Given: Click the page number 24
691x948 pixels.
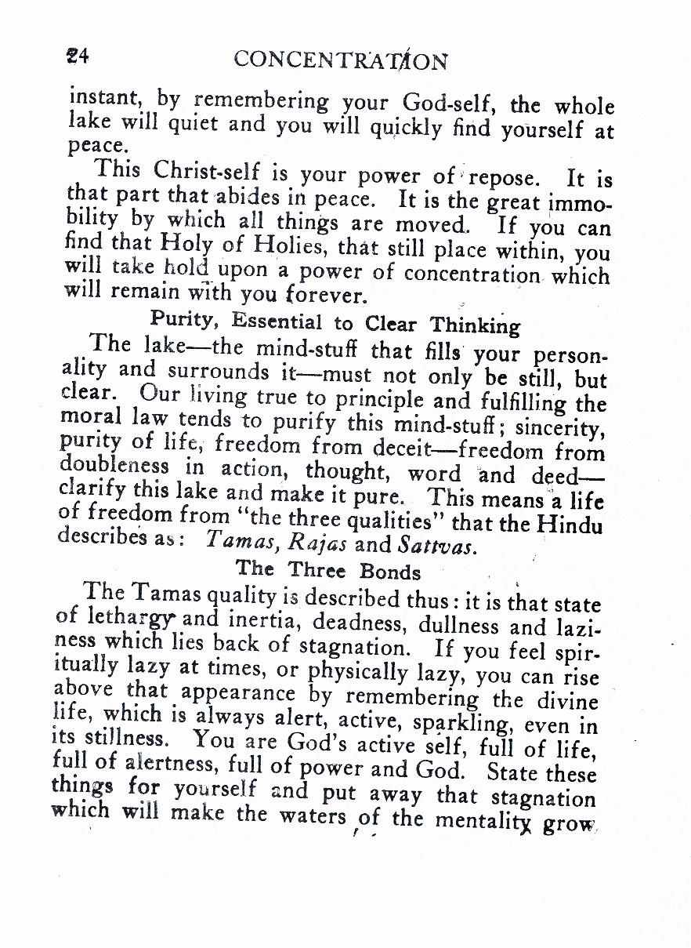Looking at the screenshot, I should click(x=79, y=56).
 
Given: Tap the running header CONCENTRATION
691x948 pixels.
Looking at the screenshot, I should click(x=341, y=60).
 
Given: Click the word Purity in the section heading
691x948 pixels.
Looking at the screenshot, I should click(x=182, y=319).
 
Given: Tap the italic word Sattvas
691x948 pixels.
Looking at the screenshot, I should click(x=436, y=545).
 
